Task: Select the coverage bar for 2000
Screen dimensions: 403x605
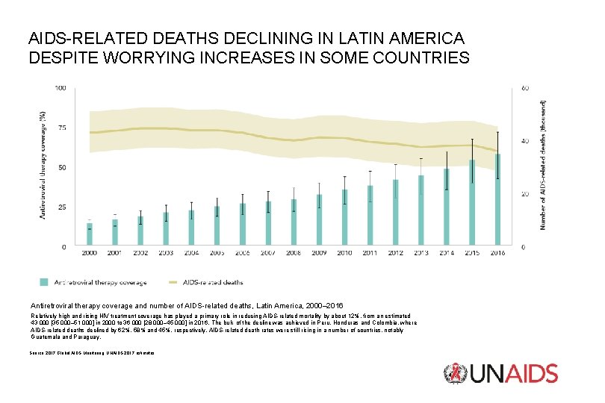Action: [90, 234]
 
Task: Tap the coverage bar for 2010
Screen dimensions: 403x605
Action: [344, 218]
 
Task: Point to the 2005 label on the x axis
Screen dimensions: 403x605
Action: [217, 254]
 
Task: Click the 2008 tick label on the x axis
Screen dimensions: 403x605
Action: [294, 254]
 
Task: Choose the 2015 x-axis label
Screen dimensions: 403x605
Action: [472, 254]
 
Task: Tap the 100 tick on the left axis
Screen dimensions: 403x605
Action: [60, 88]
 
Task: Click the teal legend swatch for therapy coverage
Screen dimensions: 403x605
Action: [44, 282]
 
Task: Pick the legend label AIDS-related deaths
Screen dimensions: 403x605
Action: [217, 283]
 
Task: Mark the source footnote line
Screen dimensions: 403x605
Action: [92, 352]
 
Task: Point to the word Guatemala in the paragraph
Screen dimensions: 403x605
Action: [46, 337]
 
